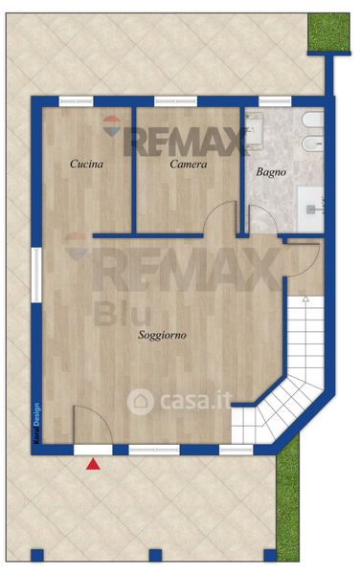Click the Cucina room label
coord(86,164)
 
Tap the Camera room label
coord(189,164)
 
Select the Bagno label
coord(271,171)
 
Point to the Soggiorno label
coord(162,335)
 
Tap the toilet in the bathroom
coord(313,119)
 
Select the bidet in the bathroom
coord(313,143)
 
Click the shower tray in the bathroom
coord(310,209)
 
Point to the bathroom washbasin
coord(254,130)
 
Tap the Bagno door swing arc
coord(267,210)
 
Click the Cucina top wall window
coord(76,101)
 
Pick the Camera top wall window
coord(175,101)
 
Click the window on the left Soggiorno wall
coord(36,275)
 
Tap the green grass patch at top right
coord(328,33)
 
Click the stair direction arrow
coord(305,298)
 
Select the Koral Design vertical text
coord(36,423)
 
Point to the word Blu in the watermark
coord(123,315)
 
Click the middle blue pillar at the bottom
coord(155,555)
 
